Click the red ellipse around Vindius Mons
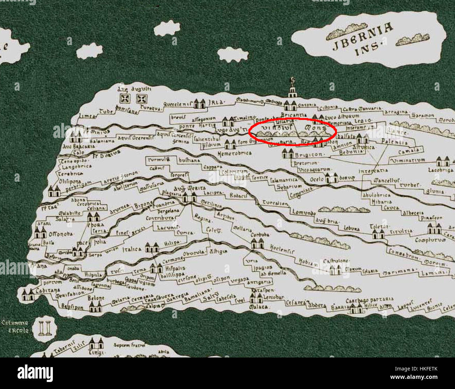(293, 131)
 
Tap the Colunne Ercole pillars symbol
(45, 328)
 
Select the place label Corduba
(260, 235)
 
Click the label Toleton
(379, 226)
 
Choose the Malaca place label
(258, 307)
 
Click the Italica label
(132, 249)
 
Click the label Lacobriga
(441, 170)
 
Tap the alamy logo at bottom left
(35, 373)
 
